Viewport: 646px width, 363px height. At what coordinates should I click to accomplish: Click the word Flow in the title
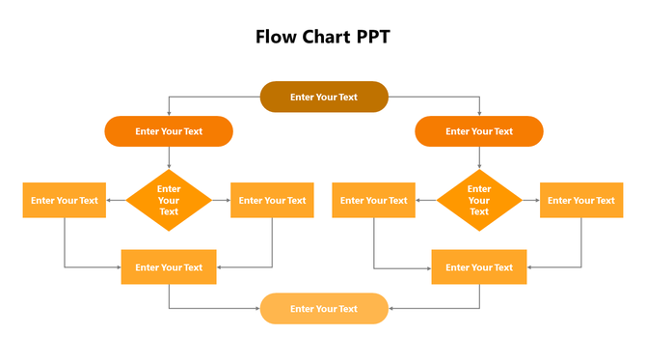275,37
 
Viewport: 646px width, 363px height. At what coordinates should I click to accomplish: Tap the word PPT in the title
373,37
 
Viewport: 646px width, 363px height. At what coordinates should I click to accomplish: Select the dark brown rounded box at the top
324,97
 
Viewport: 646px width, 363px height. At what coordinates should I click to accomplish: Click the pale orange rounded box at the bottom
324,309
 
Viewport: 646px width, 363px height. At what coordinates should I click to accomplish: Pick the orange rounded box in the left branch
169,131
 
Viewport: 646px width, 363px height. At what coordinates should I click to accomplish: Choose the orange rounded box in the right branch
479,131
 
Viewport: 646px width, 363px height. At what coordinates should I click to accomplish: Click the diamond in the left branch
169,200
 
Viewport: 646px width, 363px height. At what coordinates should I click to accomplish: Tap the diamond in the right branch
479,200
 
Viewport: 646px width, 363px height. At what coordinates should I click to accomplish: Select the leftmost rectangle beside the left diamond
65,200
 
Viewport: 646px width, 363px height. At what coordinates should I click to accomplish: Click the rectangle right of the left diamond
272,200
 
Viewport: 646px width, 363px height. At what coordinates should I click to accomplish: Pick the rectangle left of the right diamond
374,200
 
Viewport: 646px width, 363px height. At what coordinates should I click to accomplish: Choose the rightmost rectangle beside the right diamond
581,200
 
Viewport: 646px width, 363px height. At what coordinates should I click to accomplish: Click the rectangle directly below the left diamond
169,266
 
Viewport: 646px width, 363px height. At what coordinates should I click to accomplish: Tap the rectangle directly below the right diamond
479,266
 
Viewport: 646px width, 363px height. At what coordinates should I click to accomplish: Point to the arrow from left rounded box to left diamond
169,157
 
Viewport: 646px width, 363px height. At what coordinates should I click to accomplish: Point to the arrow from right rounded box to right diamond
479,157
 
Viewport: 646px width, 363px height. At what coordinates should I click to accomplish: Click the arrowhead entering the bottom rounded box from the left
256,309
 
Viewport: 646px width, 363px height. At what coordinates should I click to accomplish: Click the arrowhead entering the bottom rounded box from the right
391,309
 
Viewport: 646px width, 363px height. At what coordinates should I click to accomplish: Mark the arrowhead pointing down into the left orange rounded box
169,113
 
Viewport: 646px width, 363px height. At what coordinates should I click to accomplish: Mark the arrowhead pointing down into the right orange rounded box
479,113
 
